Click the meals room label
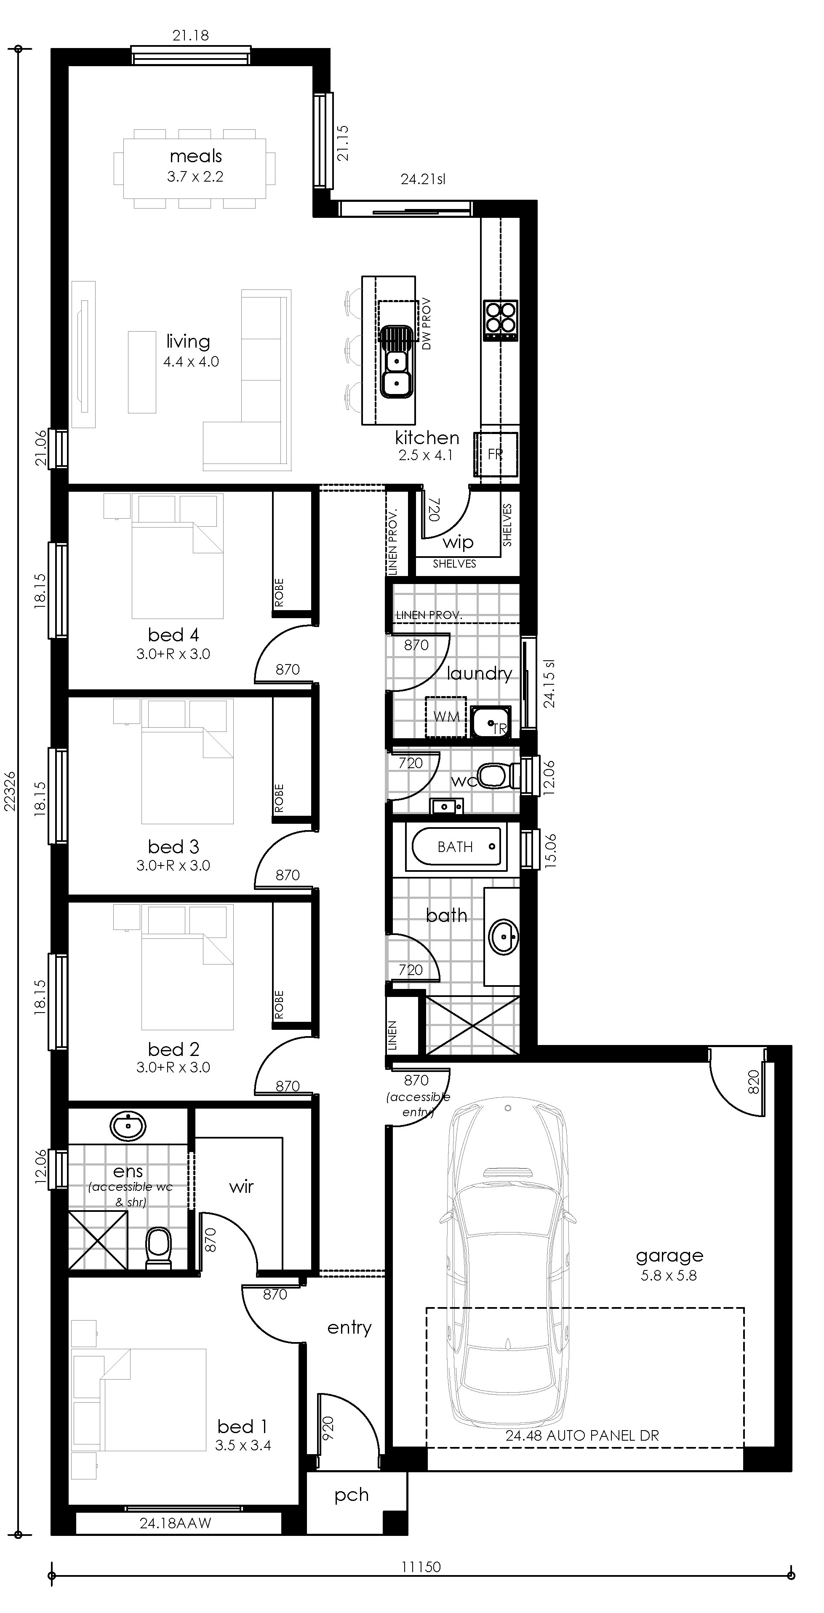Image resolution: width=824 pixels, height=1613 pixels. click(x=196, y=156)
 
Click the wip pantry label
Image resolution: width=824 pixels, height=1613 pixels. click(x=457, y=542)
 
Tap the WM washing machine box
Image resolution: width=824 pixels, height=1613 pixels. click(x=445, y=717)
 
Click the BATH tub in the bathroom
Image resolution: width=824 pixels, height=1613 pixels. click(x=456, y=847)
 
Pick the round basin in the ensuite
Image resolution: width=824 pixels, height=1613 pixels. click(x=128, y=1127)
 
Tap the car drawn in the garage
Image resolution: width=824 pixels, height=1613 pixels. click(x=508, y=1271)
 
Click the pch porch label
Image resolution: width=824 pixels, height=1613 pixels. click(x=351, y=1495)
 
